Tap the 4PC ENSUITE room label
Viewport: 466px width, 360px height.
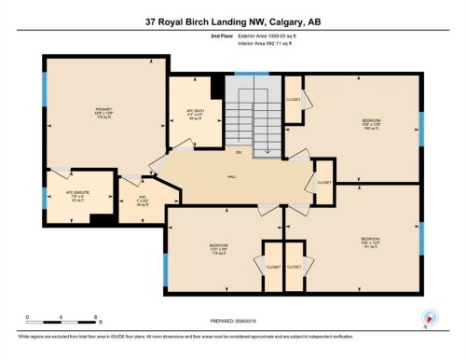coord(75,197)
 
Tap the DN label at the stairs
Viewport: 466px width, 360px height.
coord(239,151)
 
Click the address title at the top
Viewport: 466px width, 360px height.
coord(232,21)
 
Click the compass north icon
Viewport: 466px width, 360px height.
coord(430,317)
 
